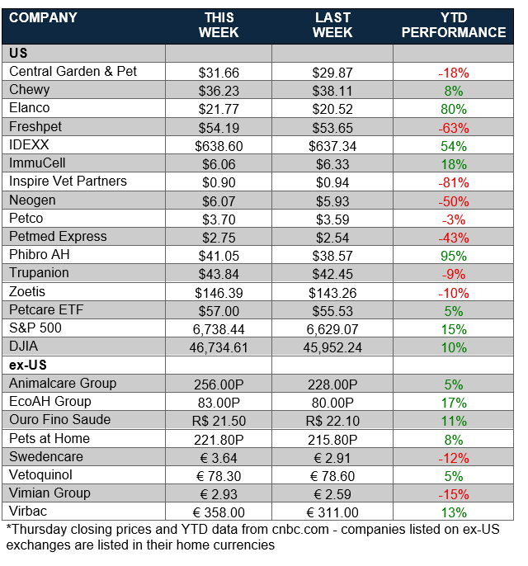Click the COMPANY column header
click(43, 17)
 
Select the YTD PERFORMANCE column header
click(454, 25)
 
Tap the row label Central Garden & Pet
click(73, 72)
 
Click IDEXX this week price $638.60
click(219, 145)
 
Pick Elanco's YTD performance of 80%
click(453, 109)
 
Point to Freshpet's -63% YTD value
click(453, 127)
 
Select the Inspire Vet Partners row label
click(68, 182)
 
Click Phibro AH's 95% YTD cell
click(453, 255)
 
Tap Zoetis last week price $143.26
click(332, 292)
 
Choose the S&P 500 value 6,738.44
click(219, 328)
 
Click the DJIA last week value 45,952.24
click(332, 347)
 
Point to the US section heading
click(18, 54)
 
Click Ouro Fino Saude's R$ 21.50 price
click(219, 420)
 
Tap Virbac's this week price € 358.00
click(219, 512)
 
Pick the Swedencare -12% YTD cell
click(453, 456)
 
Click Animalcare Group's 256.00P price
click(219, 384)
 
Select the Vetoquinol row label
click(43, 474)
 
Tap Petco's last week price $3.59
click(332, 219)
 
